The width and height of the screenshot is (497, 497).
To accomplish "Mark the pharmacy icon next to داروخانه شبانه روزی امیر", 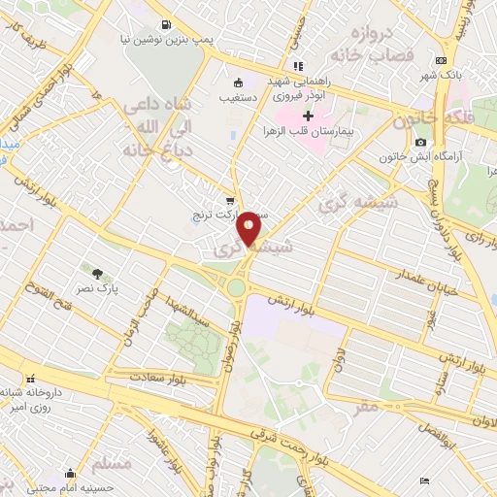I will [30, 378].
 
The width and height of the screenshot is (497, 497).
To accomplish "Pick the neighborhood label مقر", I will [366, 408].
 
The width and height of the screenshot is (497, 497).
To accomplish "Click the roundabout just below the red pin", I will [236, 287].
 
